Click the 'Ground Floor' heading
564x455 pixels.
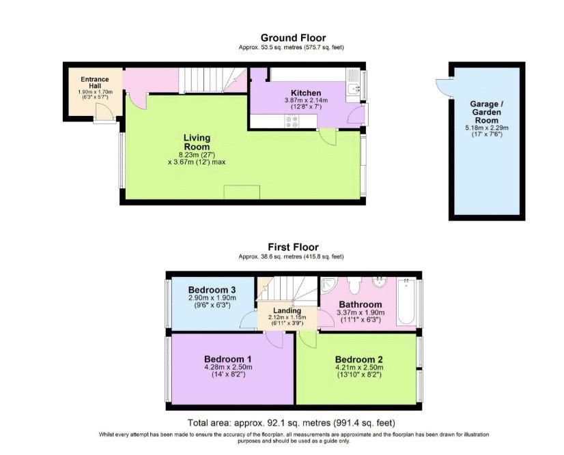pyautogui.click(x=293, y=38)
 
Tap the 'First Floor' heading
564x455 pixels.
pyautogui.click(x=293, y=247)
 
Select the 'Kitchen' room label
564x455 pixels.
pyautogui.click(x=306, y=93)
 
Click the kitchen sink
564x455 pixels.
pyautogui.click(x=353, y=89)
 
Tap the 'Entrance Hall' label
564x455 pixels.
pyautogui.click(x=95, y=83)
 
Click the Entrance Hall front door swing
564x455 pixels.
pyautogui.click(x=103, y=116)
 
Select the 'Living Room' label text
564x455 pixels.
pyautogui.click(x=197, y=142)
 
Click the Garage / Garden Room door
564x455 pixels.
pyautogui.click(x=444, y=87)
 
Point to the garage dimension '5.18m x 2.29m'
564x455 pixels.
pyautogui.click(x=488, y=128)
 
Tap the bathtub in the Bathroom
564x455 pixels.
pyautogui.click(x=406, y=302)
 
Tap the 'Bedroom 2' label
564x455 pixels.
pyautogui.click(x=358, y=359)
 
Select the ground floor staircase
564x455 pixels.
pyautogui.click(x=205, y=82)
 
